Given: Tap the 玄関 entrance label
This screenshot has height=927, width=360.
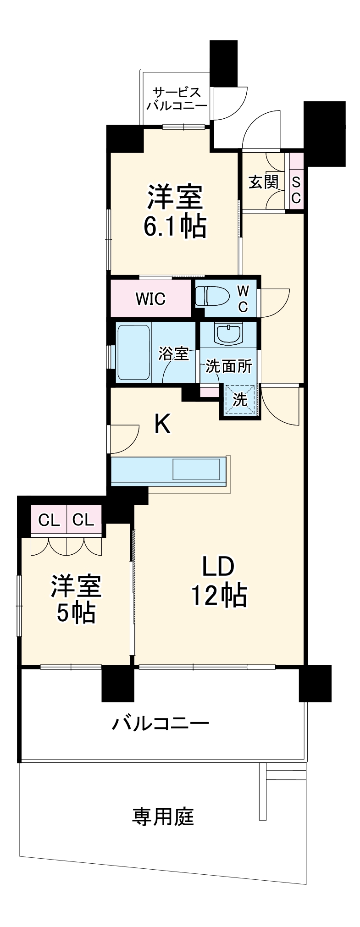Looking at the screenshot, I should tap(263, 182).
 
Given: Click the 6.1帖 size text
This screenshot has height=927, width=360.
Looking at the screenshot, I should tap(175, 226).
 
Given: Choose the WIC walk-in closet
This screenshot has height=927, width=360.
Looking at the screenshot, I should tap(150, 299).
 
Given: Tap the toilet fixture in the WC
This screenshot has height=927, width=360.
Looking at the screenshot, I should tap(212, 296).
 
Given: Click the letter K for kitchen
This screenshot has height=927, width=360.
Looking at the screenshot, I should tap(162, 424).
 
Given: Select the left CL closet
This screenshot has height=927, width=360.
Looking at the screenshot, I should tap(49, 520).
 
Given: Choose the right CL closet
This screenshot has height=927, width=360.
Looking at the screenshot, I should tap(83, 520).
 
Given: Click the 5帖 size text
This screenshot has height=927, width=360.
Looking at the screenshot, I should tap(76, 612).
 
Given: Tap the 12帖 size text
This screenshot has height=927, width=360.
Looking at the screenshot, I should tap(219, 596).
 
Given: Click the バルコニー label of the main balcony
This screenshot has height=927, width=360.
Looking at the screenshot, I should tap(161, 724).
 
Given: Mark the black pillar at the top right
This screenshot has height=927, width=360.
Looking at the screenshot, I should tap(324, 133).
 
